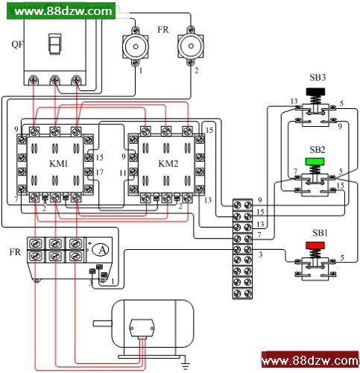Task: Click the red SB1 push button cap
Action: click(315, 245)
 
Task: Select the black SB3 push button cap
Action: click(315, 92)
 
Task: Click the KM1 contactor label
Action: click(59, 163)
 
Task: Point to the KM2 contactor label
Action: click(168, 163)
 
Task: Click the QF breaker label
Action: click(17, 45)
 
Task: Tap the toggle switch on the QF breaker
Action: click(54, 44)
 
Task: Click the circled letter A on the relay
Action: click(100, 250)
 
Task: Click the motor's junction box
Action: click(142, 327)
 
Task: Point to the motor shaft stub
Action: click(102, 323)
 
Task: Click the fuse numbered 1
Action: click(136, 46)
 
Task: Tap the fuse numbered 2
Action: click(191, 46)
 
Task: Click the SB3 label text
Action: click(318, 78)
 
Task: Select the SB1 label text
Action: click(320, 233)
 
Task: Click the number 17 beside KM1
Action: click(99, 172)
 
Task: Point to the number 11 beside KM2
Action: click(123, 172)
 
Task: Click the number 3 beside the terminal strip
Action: click(260, 254)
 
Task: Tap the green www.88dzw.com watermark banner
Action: click(61, 10)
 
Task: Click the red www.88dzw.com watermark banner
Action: click(310, 360)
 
